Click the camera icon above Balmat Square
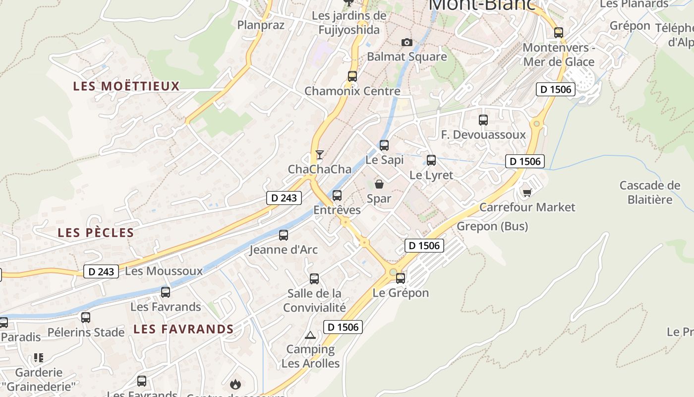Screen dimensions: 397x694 pyautogui.click(x=406, y=43)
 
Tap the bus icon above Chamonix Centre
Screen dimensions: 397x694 pyautogui.click(x=352, y=76)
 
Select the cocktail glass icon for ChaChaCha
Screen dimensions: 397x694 pyautogui.click(x=320, y=154)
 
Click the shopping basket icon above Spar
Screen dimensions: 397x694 pyautogui.click(x=379, y=184)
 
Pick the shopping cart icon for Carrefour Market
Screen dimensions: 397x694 pyautogui.click(x=527, y=193)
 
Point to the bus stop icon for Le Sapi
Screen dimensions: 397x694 pyautogui.click(x=384, y=145)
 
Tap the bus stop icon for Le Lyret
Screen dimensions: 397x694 pyautogui.click(x=431, y=160)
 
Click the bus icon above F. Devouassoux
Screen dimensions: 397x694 pyautogui.click(x=483, y=120)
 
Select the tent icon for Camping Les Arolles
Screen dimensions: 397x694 pyautogui.click(x=310, y=335)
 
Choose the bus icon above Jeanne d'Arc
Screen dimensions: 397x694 pyautogui.click(x=284, y=235)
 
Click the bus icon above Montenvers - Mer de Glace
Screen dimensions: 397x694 pyautogui.click(x=559, y=33)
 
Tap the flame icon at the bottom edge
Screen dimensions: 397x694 pyautogui.click(x=235, y=384)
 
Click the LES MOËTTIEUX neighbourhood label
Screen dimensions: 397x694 pyautogui.click(x=126, y=86)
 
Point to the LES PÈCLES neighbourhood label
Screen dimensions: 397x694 pyautogui.click(x=96, y=233)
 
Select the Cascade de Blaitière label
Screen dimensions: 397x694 pyautogui.click(x=650, y=193)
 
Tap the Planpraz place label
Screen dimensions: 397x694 pyautogui.click(x=261, y=25)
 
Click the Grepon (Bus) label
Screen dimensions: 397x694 pyautogui.click(x=492, y=226)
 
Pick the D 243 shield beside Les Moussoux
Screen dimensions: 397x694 pyautogui.click(x=101, y=271)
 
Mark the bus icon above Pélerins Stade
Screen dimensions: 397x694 pyautogui.click(x=86, y=318)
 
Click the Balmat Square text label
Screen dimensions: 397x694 pyautogui.click(x=406, y=57)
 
